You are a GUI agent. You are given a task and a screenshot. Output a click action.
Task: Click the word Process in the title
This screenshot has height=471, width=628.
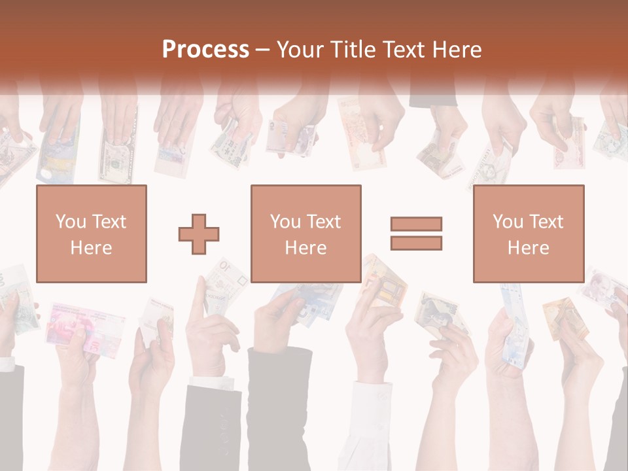205,49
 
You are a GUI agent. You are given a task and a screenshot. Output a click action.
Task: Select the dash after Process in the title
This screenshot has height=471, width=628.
262,50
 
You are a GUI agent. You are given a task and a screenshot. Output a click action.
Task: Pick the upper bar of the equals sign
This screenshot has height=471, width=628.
416,224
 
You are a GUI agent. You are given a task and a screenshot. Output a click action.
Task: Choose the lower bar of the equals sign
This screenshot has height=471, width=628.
416,243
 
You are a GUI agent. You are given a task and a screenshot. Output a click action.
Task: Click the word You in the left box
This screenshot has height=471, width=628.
71,222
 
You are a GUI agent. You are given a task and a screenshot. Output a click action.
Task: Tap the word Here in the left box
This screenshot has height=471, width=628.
91,248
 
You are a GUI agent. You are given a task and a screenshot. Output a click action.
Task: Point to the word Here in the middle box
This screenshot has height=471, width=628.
305,248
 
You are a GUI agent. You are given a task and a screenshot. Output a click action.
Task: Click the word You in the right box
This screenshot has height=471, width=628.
508,222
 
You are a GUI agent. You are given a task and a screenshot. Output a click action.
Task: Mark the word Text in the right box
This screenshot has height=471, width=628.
546,222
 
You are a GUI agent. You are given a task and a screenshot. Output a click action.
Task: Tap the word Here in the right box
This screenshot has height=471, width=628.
528,248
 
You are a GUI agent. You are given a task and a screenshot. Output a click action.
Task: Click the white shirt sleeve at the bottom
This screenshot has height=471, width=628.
370,419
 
